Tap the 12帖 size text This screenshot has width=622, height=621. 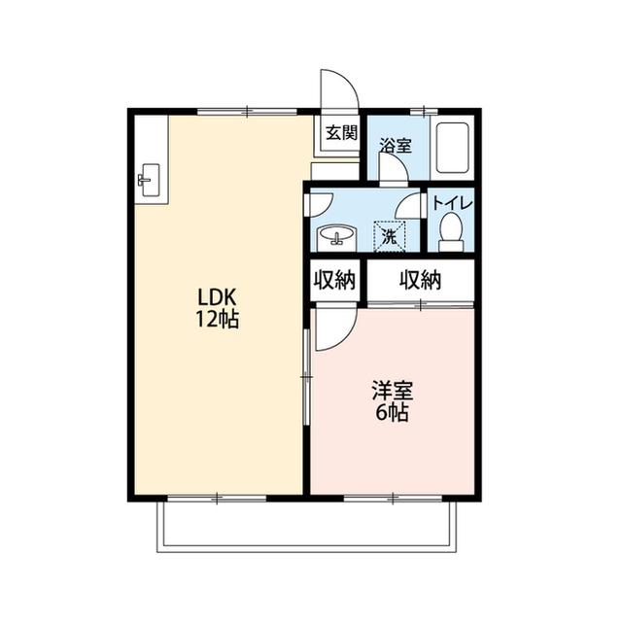(217, 319)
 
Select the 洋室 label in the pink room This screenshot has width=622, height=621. (393, 391)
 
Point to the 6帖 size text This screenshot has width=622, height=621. (392, 413)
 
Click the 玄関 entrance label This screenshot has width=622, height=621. (341, 133)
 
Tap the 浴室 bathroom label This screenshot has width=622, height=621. (396, 146)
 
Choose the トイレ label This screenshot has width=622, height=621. (452, 203)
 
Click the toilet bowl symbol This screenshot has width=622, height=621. (451, 232)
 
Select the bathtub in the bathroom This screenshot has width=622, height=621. (452, 148)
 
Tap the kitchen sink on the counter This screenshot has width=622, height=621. (149, 180)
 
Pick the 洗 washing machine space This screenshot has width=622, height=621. (390, 237)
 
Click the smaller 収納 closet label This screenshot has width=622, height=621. (334, 280)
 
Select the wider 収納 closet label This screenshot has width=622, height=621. (420, 280)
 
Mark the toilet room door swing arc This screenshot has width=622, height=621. (403, 201)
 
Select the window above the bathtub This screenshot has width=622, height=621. (424, 112)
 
